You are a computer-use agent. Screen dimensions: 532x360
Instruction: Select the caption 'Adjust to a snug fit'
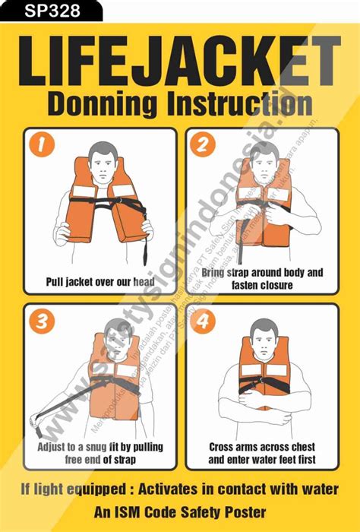(100, 453)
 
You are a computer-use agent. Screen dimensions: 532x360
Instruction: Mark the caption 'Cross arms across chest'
(263, 453)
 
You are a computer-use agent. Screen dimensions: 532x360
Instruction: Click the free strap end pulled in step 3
(34, 417)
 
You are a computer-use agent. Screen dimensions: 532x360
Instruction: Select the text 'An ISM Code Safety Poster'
(180, 513)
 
